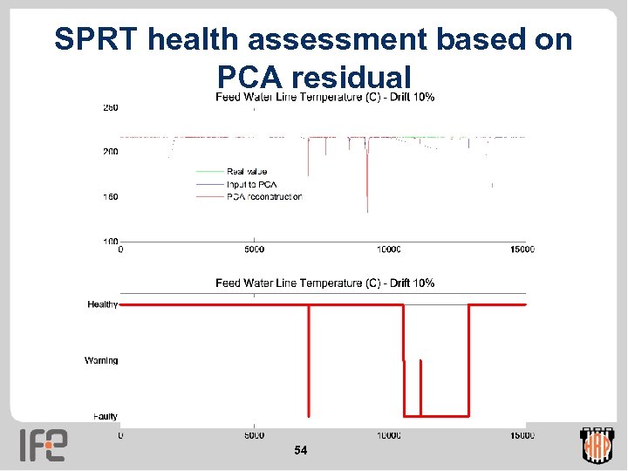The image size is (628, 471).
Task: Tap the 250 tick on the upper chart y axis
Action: pyautogui.click(x=111, y=108)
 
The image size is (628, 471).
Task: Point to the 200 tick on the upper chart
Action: pyautogui.click(x=111, y=152)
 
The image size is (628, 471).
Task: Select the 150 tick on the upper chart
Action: pyautogui.click(x=111, y=197)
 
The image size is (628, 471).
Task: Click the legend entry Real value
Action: pyautogui.click(x=247, y=172)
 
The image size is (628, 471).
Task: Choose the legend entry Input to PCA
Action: pyautogui.click(x=251, y=184)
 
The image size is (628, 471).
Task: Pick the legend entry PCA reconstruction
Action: pyautogui.click(x=263, y=196)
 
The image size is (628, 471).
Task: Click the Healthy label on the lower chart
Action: pyautogui.click(x=103, y=304)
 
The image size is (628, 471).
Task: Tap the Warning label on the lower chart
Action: pyautogui.click(x=101, y=360)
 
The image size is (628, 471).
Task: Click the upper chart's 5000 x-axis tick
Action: pyautogui.click(x=254, y=249)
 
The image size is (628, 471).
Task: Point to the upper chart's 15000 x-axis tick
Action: pyautogui.click(x=522, y=249)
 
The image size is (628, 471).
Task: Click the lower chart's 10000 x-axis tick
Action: pyautogui.click(x=388, y=434)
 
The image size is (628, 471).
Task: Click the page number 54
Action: pyautogui.click(x=301, y=450)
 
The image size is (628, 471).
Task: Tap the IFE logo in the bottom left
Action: pyautogui.click(x=43, y=445)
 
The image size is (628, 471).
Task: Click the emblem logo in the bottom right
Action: pyautogui.click(x=597, y=445)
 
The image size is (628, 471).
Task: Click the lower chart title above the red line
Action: pyautogui.click(x=325, y=283)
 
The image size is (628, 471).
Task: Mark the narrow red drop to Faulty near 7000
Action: pyautogui.click(x=309, y=366)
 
